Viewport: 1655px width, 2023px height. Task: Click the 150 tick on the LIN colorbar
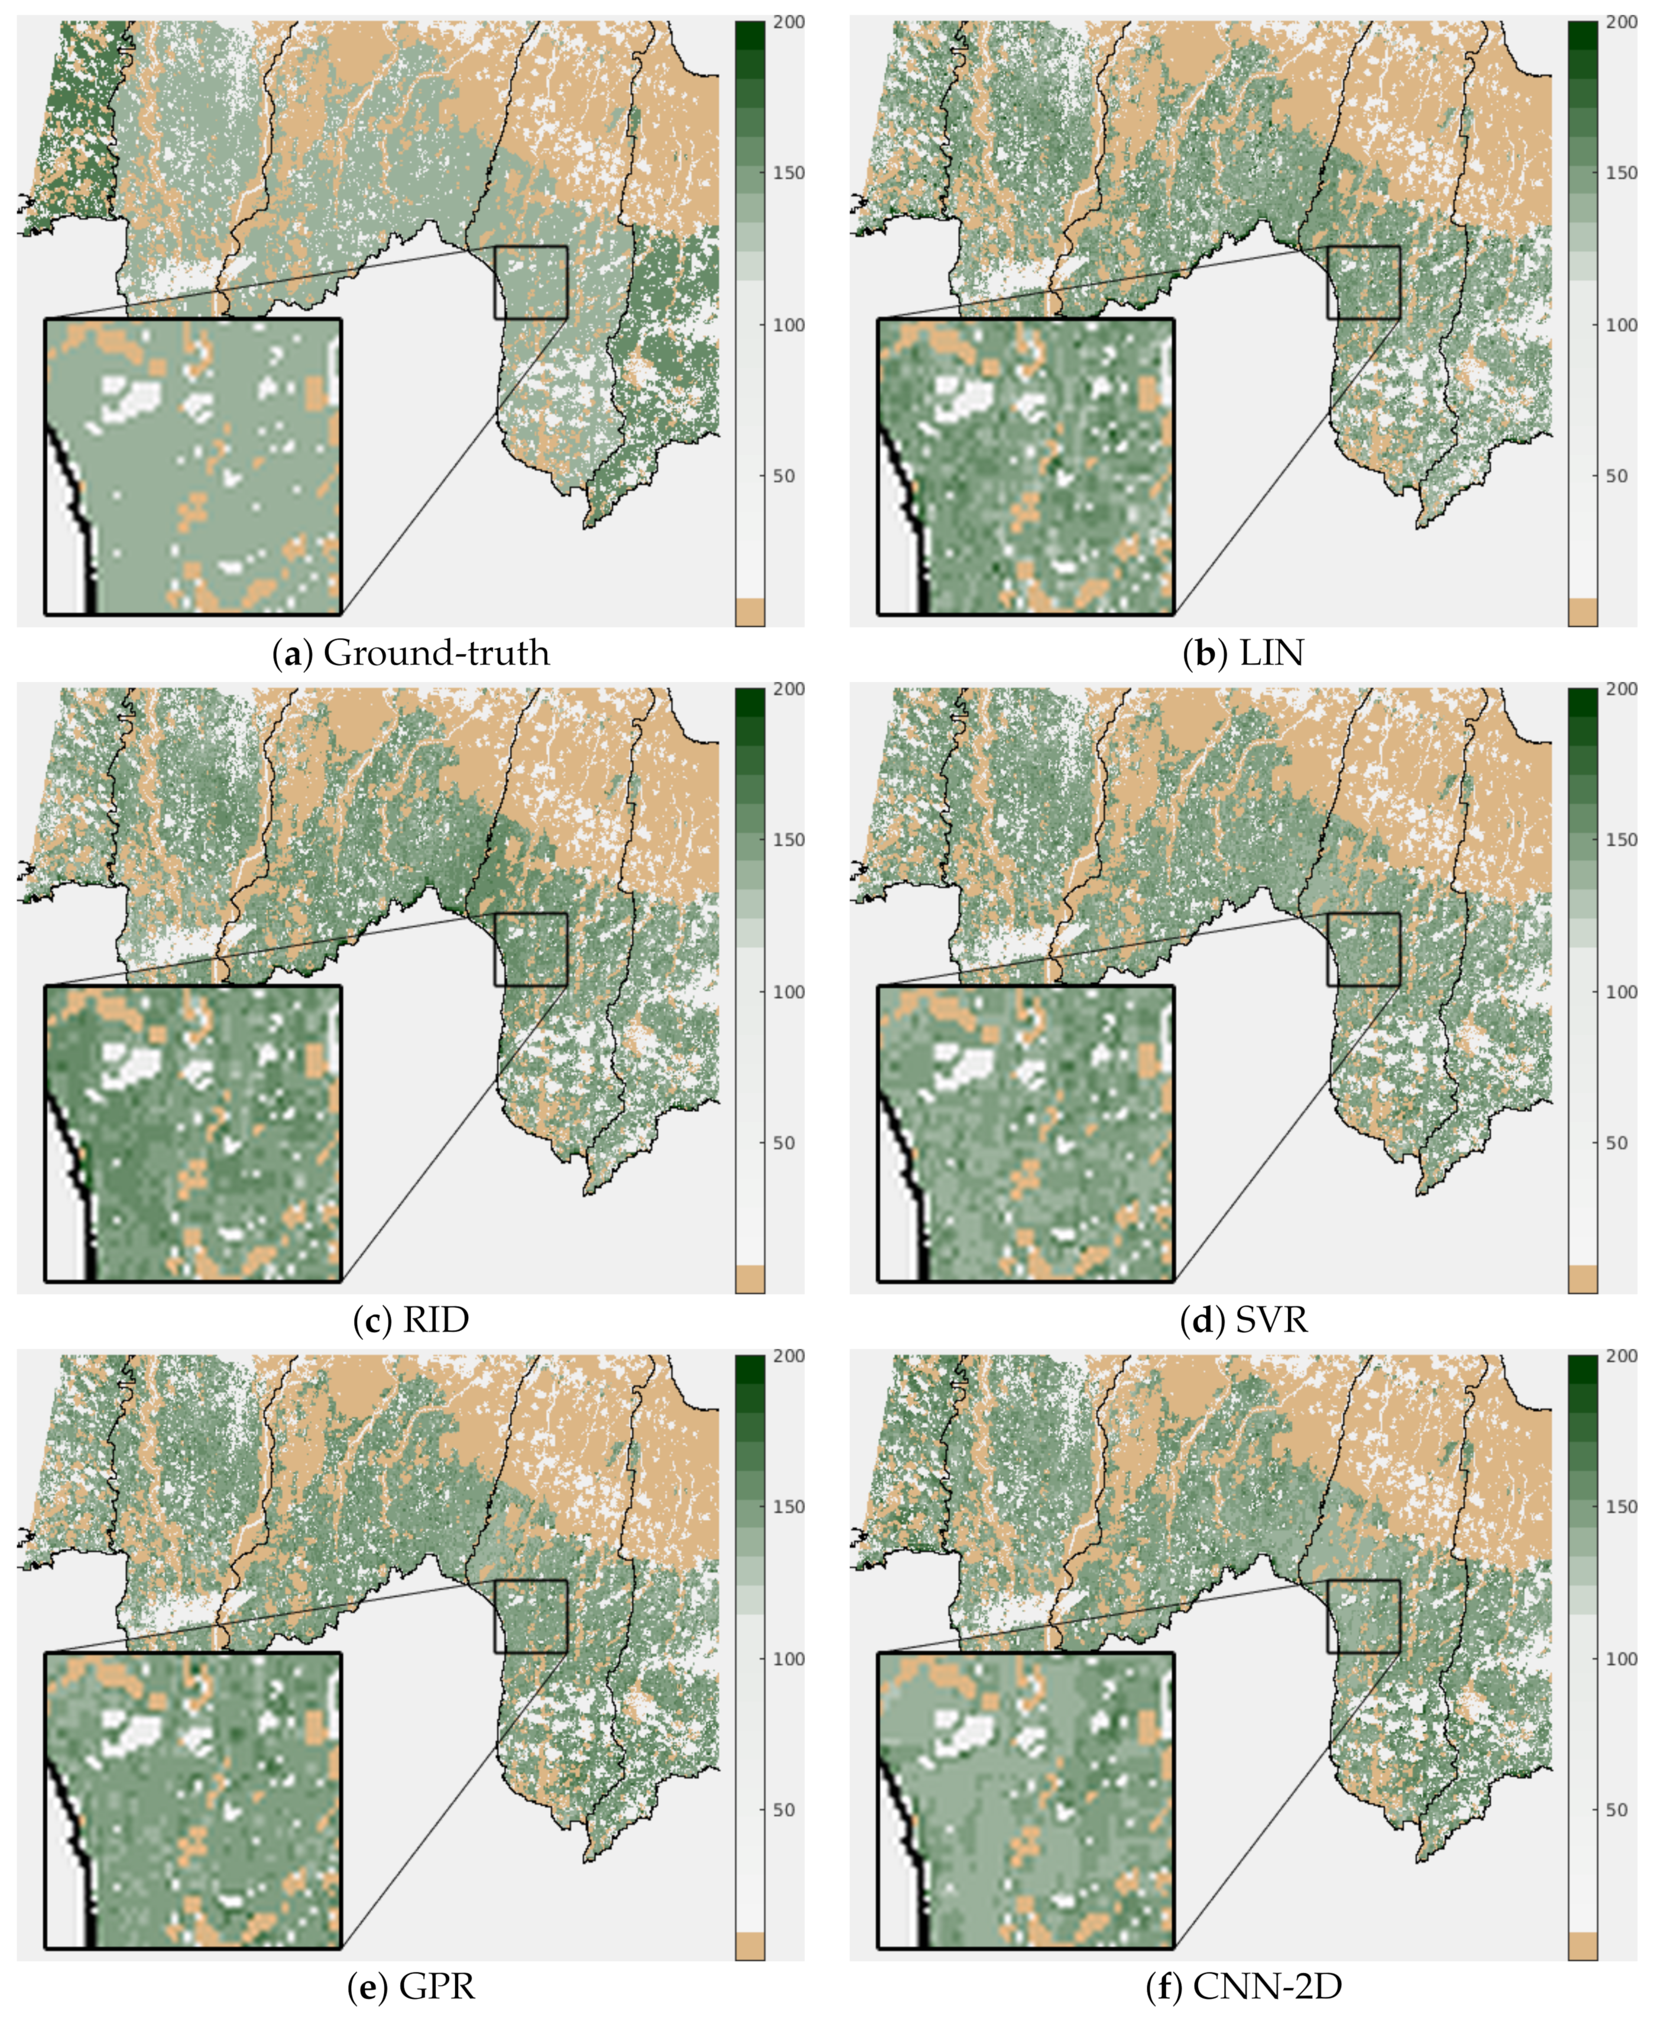(x=1621, y=173)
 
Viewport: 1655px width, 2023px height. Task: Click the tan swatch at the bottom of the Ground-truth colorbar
(x=749, y=612)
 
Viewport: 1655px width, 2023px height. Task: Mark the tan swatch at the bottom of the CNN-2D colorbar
(x=1582, y=1946)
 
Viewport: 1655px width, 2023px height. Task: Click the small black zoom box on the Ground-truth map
(x=531, y=282)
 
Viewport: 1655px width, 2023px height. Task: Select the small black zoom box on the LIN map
(x=1363, y=282)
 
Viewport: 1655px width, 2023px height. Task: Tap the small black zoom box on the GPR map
(x=531, y=1616)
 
